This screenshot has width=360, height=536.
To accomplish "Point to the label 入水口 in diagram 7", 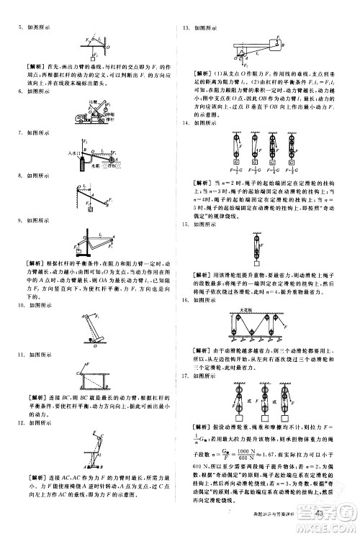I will point(71,153).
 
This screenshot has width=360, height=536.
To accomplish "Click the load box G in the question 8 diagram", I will point(90,210).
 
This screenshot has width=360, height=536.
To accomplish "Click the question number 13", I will point(186,27).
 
